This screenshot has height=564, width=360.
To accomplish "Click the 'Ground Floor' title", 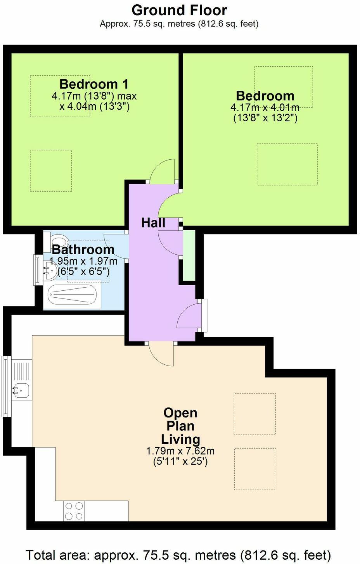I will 179,10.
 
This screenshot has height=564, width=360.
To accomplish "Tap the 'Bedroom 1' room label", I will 94,84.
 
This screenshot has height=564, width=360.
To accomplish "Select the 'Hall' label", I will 153,223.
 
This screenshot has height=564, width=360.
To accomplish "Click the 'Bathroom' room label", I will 83,249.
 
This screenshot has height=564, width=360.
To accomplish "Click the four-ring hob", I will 74,511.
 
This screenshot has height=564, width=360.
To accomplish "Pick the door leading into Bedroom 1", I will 163,171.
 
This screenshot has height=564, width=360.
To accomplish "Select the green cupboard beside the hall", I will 189,255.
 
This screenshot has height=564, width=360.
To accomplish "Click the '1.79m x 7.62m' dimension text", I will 180,451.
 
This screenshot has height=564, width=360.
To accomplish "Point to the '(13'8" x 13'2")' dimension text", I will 265,118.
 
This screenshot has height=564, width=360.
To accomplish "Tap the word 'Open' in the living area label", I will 180,413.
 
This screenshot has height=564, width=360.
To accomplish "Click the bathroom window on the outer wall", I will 36,270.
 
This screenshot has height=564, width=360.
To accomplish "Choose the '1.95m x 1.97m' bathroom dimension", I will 83,261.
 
